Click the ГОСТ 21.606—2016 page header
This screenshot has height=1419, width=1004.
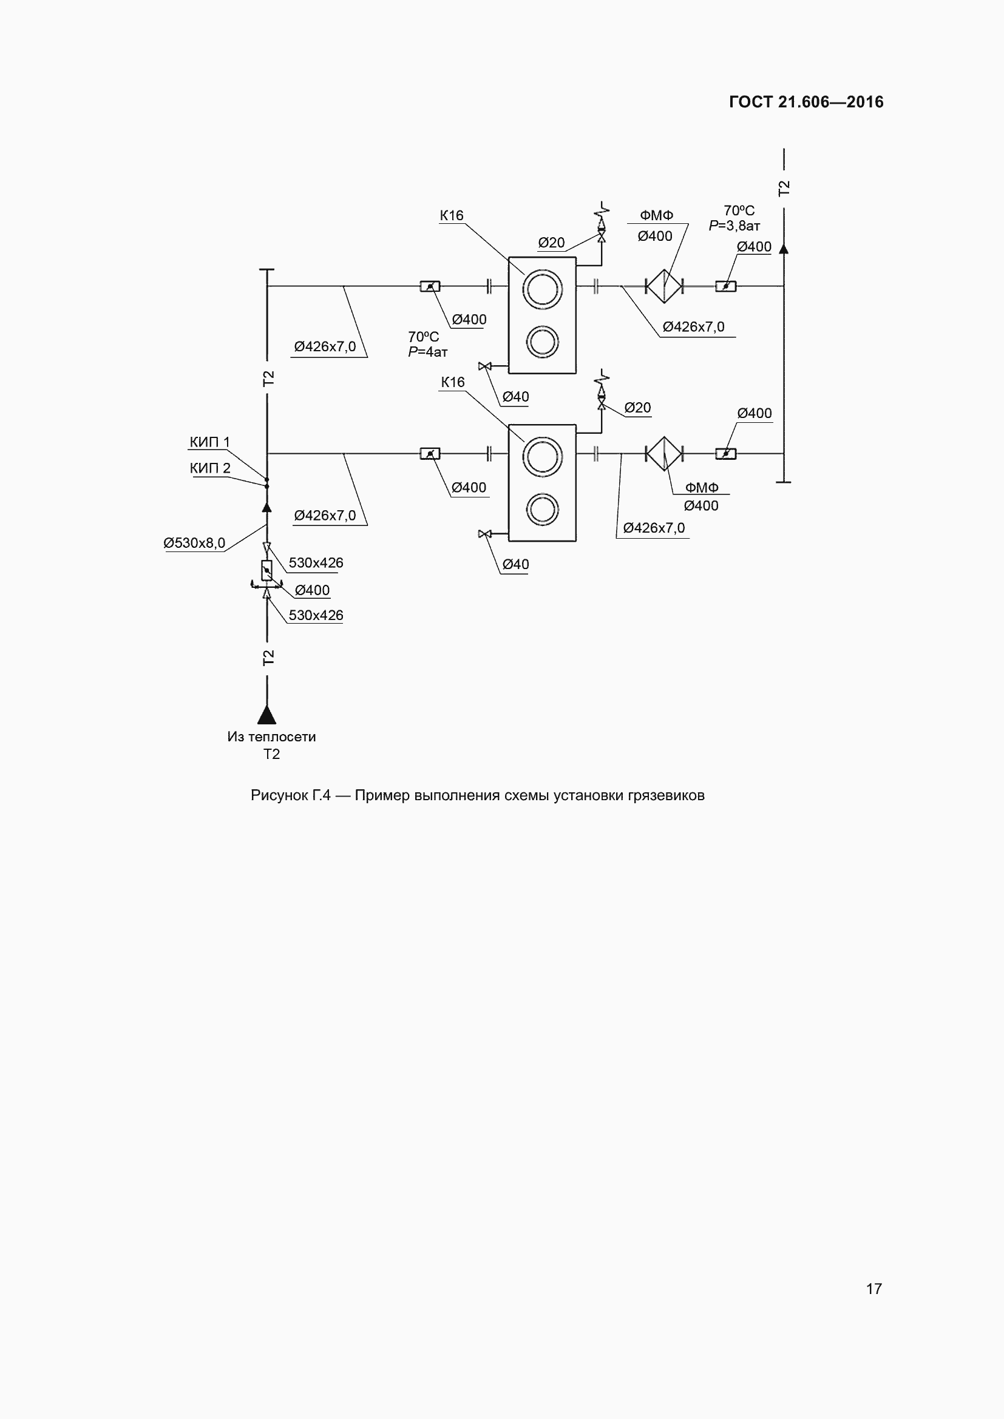(x=806, y=102)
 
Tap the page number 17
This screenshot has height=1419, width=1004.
(x=873, y=1289)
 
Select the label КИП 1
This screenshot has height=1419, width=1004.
(x=209, y=442)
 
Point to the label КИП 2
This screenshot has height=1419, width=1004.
(x=209, y=468)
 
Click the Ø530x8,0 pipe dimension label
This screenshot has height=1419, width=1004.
(x=194, y=542)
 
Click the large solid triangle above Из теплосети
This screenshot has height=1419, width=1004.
(x=266, y=715)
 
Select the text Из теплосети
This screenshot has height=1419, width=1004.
(x=271, y=736)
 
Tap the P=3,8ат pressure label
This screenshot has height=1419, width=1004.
(x=734, y=226)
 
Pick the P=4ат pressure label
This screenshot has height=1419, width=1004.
(x=428, y=352)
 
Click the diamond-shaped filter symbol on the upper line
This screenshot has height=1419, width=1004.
(x=664, y=286)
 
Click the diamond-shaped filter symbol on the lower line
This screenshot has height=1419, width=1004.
(x=664, y=454)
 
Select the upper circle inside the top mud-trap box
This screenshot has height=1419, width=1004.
(x=542, y=289)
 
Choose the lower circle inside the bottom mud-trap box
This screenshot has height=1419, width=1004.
(x=542, y=510)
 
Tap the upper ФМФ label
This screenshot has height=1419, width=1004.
(x=657, y=215)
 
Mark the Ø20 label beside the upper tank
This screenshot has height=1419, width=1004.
(x=551, y=243)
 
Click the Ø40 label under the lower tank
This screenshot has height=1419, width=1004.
(x=515, y=564)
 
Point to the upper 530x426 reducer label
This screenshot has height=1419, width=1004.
(x=316, y=562)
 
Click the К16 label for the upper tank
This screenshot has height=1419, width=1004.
(x=452, y=215)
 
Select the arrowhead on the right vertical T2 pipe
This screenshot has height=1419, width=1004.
(x=783, y=249)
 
